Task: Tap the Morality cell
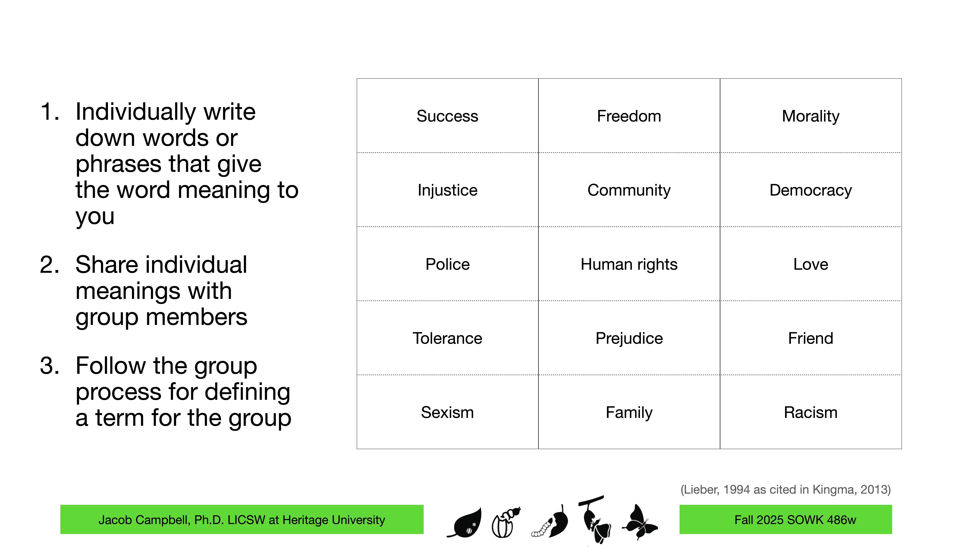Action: (x=811, y=116)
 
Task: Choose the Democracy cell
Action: (x=811, y=190)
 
